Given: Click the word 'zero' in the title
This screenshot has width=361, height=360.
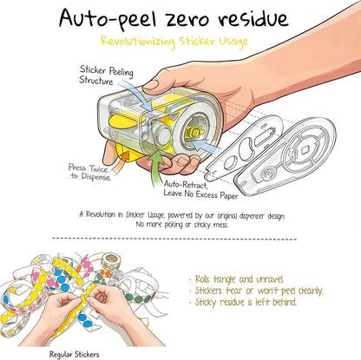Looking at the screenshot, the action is pyautogui.click(x=185, y=19).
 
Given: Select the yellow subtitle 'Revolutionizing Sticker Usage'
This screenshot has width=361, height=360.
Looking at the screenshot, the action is pyautogui.click(x=174, y=42).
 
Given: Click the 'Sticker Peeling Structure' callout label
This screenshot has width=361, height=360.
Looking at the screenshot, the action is pyautogui.click(x=106, y=75).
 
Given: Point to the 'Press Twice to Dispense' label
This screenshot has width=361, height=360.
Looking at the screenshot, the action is pyautogui.click(x=89, y=172).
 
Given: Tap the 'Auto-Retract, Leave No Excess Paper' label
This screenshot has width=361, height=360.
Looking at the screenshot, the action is pyautogui.click(x=200, y=190).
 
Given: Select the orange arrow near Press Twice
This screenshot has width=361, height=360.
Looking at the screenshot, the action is pyautogui.click(x=121, y=162).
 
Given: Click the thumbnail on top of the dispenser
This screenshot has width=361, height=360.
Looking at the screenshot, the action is pyautogui.click(x=151, y=85).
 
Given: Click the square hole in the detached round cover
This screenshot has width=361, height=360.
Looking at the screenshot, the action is pyautogui.click(x=305, y=151).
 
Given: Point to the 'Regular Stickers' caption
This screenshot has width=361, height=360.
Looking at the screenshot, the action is pyautogui.click(x=75, y=354).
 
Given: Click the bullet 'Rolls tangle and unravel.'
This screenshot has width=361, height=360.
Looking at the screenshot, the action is pyautogui.click(x=236, y=279).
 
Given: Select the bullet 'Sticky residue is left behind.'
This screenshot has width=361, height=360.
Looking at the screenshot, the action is pyautogui.click(x=243, y=302).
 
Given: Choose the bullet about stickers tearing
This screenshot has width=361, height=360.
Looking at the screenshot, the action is pyautogui.click(x=256, y=291).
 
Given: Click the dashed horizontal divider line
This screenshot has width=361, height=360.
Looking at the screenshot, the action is pyautogui.click(x=174, y=239).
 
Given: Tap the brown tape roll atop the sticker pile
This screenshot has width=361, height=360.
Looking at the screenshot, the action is pyautogui.click(x=111, y=260).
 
